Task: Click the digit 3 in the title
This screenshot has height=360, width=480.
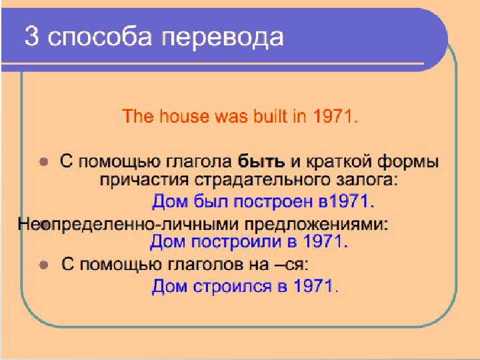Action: point(32,37)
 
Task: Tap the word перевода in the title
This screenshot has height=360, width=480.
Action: point(223,38)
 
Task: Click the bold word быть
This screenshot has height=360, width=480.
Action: point(261,161)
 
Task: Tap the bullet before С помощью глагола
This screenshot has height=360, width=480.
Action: point(44,161)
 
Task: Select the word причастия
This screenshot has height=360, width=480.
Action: point(144,180)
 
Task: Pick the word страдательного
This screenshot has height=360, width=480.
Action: point(263,179)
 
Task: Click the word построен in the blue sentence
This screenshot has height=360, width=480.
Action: point(273,202)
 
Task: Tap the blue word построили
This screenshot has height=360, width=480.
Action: point(236,242)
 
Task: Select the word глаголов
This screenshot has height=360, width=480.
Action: point(205,264)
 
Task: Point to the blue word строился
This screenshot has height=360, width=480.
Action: point(233,286)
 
